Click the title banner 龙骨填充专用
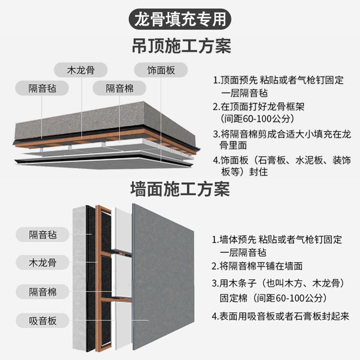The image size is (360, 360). pos(180,18)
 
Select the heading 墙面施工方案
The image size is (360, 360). pos(180,189)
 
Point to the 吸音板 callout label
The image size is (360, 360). pos(43,321)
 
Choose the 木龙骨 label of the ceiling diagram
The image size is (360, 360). pos(81,70)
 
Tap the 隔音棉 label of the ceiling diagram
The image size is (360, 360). pos(120,87)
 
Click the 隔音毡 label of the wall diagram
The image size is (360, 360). pos(43,234)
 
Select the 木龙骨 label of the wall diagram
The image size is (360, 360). pos(43,261)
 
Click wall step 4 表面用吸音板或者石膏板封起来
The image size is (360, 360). pos(280,316)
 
